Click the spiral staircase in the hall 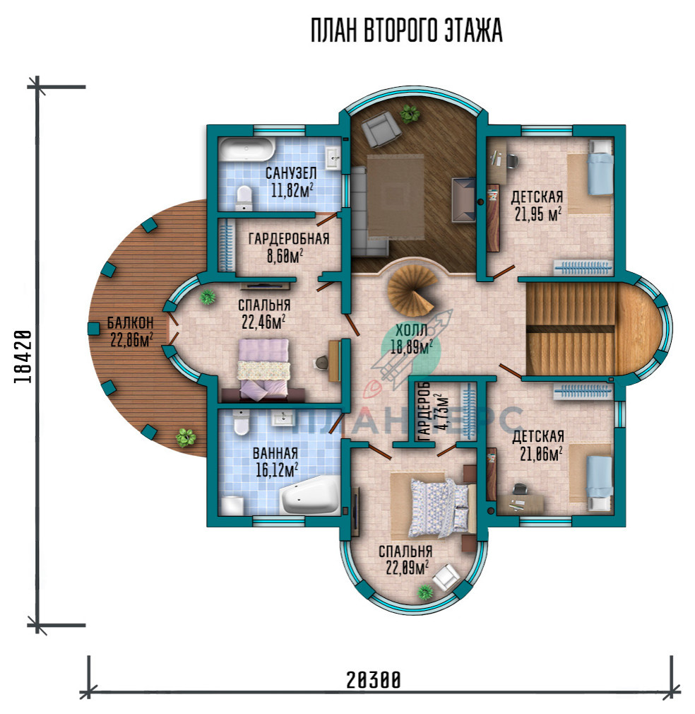[412, 292]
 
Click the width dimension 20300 [374, 680]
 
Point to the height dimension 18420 [23, 356]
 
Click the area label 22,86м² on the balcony [131, 340]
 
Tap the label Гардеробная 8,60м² [288, 247]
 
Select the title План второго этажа [406, 31]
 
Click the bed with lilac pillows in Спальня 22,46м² [263, 370]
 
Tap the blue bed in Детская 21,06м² [600, 483]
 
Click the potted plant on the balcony [186, 437]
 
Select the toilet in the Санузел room [244, 198]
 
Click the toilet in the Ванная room [241, 422]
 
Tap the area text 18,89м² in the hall [411, 347]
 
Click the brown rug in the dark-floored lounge [396, 197]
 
